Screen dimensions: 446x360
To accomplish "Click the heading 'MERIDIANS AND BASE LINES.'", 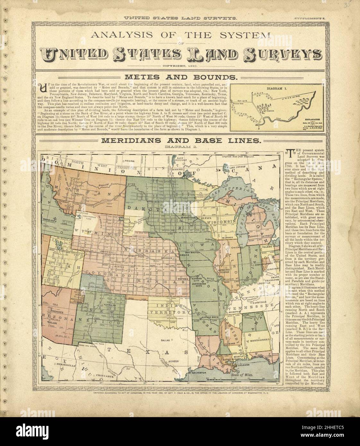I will (x=180, y=140).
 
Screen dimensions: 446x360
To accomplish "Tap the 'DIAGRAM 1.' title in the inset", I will (x=276, y=88).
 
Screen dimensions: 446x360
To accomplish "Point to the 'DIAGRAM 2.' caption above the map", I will (x=180, y=147).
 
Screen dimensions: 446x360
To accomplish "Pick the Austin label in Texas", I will (x=173, y=361).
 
